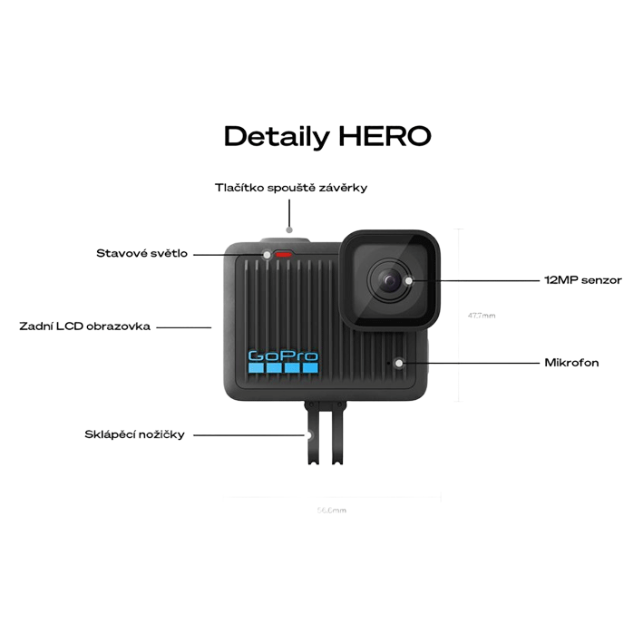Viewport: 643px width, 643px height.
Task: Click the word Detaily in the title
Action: point(277,137)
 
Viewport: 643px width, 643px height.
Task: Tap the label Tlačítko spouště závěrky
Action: point(290,188)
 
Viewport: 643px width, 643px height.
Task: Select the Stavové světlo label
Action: point(141,253)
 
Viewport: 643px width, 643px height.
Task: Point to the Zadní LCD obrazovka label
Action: point(85,326)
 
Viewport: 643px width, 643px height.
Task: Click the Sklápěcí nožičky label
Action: point(134,434)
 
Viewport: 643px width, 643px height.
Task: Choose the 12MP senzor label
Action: point(582,280)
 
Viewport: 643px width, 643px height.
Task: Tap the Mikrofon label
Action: point(571,363)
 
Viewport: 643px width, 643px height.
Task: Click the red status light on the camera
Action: point(287,254)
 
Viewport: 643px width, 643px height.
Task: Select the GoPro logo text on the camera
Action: point(282,357)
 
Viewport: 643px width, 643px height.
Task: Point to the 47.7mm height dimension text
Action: point(482,316)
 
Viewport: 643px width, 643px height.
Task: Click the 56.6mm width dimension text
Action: point(332,511)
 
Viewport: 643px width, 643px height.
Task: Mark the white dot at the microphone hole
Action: point(398,363)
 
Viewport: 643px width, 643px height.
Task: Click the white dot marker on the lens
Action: point(409,280)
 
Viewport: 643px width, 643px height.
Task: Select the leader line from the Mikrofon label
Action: point(467,363)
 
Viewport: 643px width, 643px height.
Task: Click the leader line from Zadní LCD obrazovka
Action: point(184,326)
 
